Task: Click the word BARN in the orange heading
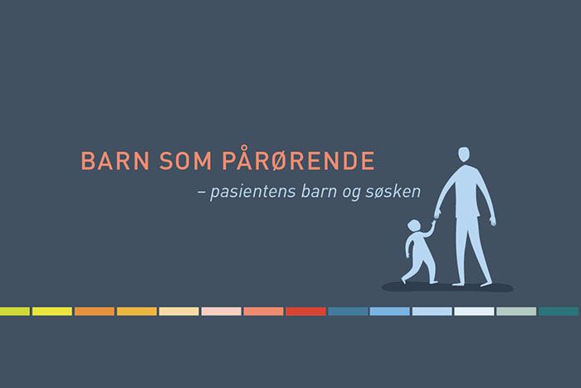pyautogui.click(x=115, y=160)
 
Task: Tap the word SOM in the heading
pyautogui.click(x=186, y=160)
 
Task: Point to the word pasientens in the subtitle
pyautogui.click(x=253, y=192)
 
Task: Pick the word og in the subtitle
pyautogui.click(x=351, y=194)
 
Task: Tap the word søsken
pyautogui.click(x=393, y=191)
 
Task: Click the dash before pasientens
pyautogui.click(x=201, y=192)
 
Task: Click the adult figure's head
pyautogui.click(x=463, y=155)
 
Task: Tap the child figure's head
pyautogui.click(x=414, y=225)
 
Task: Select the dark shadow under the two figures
pyautogui.click(x=447, y=287)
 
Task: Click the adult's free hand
pyautogui.click(x=492, y=221)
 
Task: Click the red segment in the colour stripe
pyautogui.click(x=305, y=312)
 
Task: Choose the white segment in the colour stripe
pyautogui.click(x=474, y=312)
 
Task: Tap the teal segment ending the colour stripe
pyautogui.click(x=559, y=312)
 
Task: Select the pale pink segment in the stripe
pyautogui.click(x=222, y=312)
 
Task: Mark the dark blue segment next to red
pyautogui.click(x=348, y=312)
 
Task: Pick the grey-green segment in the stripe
pyautogui.click(x=516, y=312)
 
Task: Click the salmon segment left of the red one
pyautogui.click(x=263, y=312)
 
